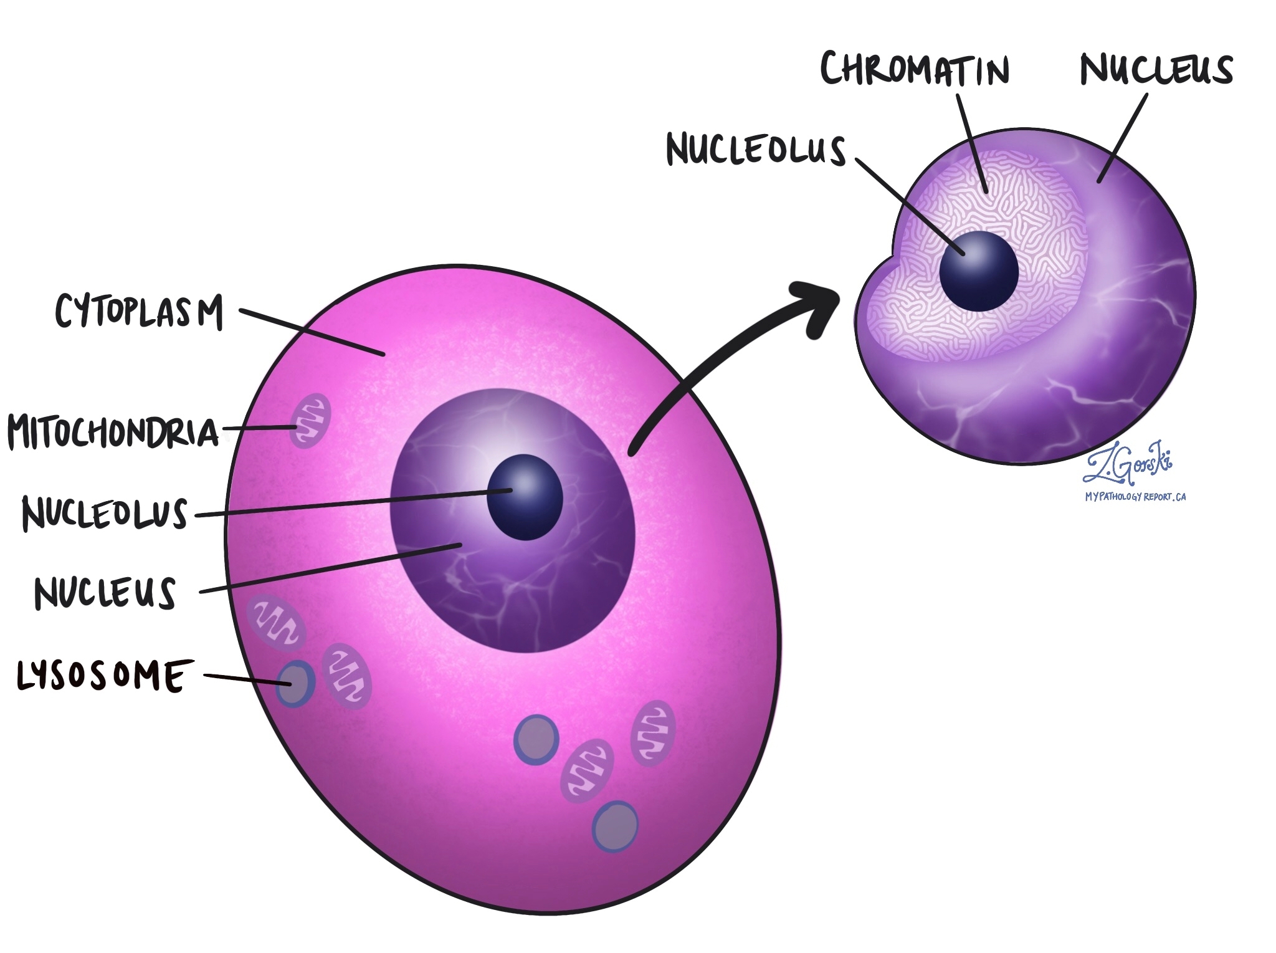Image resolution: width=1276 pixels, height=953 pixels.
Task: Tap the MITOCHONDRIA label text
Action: coord(112,431)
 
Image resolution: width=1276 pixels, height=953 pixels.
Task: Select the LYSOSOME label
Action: coord(102,676)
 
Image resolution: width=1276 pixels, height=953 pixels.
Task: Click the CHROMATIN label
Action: coord(914,70)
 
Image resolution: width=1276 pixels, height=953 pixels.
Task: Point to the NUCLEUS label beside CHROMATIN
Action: coord(1156,70)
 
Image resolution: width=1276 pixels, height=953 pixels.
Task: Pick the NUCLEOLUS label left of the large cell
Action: coord(105,514)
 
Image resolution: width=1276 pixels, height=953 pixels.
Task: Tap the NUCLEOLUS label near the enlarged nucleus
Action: coord(756,150)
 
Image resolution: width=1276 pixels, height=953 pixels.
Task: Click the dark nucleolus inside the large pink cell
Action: coord(525,497)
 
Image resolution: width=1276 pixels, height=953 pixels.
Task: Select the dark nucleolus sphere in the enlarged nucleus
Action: coord(978,271)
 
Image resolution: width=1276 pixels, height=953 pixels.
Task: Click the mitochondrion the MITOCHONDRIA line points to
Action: coord(310,421)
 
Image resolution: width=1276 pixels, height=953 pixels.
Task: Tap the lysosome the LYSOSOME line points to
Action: coord(295,684)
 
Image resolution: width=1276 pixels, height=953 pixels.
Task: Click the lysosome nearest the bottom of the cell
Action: coord(616,826)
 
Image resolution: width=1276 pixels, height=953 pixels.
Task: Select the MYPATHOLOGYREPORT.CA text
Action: coord(1135,497)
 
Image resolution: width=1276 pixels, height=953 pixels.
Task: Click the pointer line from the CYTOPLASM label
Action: coord(312,332)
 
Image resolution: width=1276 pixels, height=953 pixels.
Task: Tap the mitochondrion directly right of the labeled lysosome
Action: coord(346,676)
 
